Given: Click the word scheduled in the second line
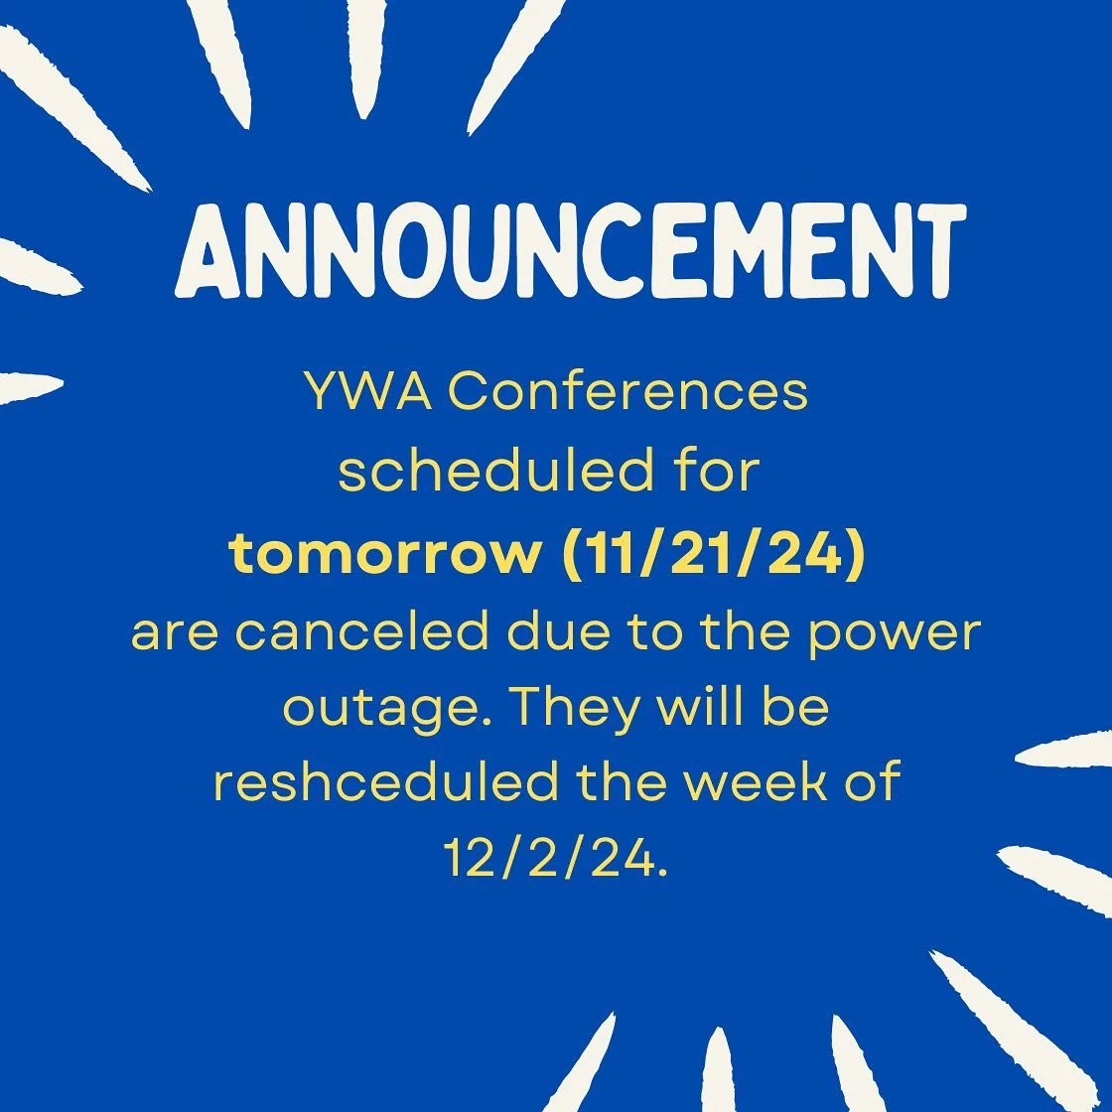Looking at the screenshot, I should pos(487,473).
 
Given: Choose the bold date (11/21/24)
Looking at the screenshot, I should pos(714,554).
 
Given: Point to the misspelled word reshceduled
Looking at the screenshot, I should pos(385,782).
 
